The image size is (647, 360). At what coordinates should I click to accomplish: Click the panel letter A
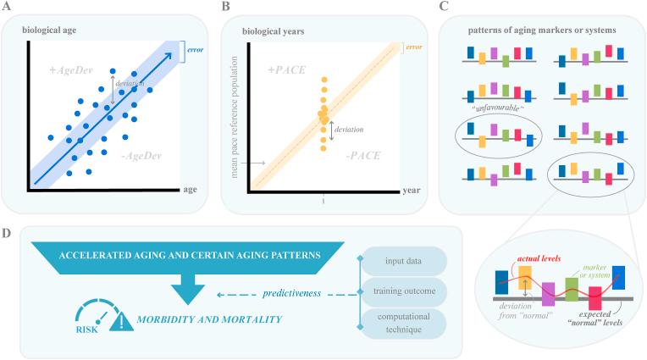8,8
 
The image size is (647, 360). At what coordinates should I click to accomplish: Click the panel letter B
224,8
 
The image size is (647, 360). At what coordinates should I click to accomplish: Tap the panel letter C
444,8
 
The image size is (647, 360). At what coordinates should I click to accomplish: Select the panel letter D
8,230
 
